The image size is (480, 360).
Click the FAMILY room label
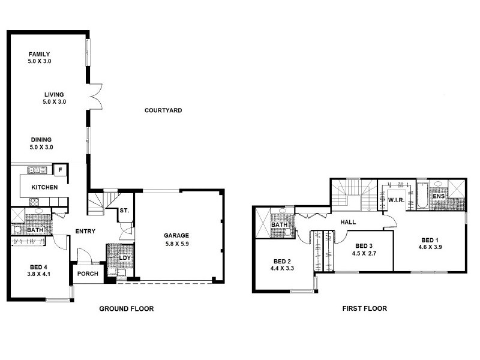point(39,54)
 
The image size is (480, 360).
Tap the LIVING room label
point(53,94)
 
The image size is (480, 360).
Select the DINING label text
point(41,140)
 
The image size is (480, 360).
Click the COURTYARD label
point(163,110)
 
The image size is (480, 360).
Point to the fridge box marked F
point(59,170)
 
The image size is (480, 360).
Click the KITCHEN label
point(45,188)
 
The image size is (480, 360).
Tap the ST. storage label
point(124,211)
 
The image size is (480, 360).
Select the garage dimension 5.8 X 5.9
point(176,244)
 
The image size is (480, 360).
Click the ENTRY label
point(86,232)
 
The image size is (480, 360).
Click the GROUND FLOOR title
point(126,309)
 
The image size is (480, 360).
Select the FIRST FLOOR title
point(364,309)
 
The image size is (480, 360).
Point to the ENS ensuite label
point(439,196)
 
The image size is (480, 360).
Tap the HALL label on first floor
point(348,222)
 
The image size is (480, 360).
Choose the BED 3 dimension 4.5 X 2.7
point(364,253)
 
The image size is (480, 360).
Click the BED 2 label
point(282,262)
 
